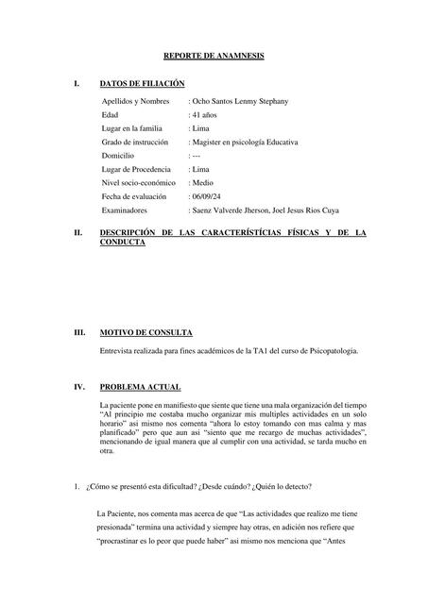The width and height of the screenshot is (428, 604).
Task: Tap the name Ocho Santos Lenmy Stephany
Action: click(240, 100)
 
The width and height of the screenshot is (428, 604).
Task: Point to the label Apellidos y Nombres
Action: click(135, 100)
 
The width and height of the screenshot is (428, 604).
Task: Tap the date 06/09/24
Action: click(210, 196)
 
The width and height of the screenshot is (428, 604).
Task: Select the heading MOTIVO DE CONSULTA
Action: click(146, 332)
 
